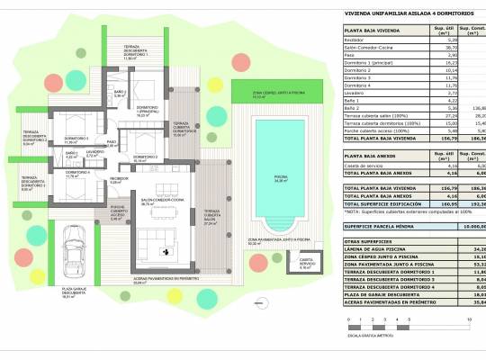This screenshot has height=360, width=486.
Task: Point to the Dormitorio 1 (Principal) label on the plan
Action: (x=148, y=112)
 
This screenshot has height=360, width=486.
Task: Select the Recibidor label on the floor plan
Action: (x=120, y=181)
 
